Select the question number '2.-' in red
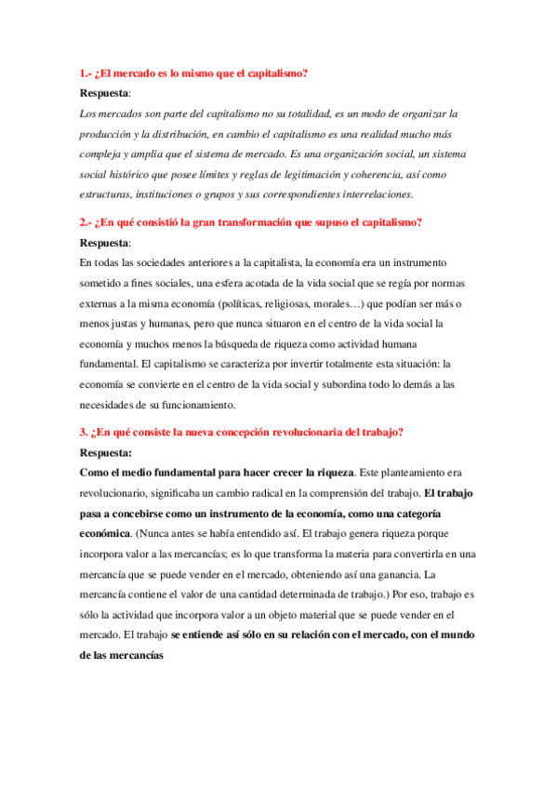(88, 222)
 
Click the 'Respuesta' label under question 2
(105, 243)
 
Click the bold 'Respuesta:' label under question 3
(107, 453)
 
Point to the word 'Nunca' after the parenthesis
(155, 534)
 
